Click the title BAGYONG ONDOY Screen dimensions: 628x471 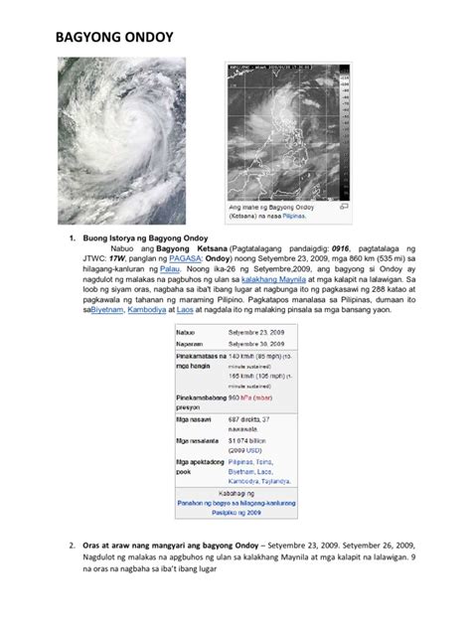click(x=111, y=42)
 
